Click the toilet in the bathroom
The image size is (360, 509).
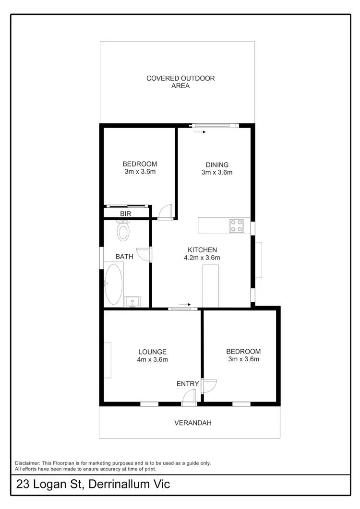click(x=123, y=231)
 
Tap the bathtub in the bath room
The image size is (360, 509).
click(x=114, y=284)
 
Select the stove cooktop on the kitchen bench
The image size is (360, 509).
click(x=237, y=225)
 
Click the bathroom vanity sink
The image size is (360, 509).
click(x=132, y=302)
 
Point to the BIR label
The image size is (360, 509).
click(x=126, y=213)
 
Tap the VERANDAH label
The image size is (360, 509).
click(x=192, y=423)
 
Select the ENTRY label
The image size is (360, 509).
click(x=188, y=383)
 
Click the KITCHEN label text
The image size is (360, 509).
click(x=202, y=250)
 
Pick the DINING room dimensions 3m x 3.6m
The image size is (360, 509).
click(x=216, y=172)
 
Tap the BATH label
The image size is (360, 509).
click(x=124, y=257)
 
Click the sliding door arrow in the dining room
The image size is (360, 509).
click(x=200, y=132)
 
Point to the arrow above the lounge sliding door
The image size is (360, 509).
click(x=185, y=304)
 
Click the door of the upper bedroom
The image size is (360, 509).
click(x=165, y=211)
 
